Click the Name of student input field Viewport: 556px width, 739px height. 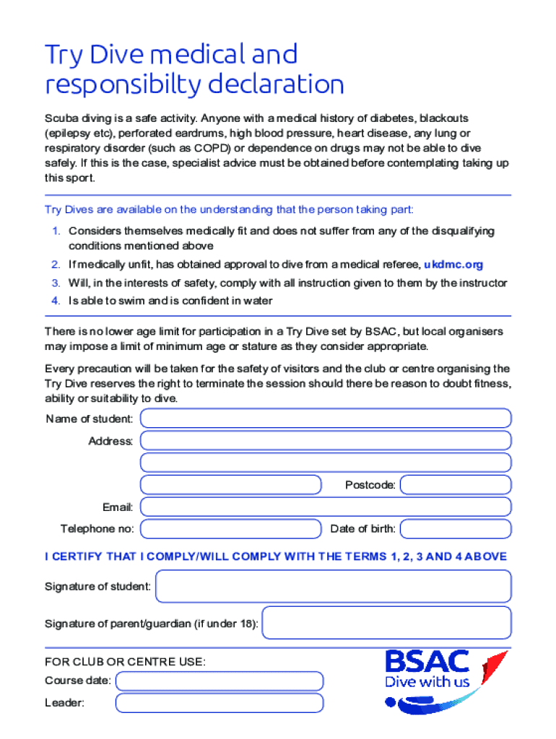pos(326,419)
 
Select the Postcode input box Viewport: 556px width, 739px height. pos(456,485)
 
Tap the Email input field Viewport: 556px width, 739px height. pos(326,507)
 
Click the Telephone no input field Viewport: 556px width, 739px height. pos(230,529)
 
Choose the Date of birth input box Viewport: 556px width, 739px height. pos(456,529)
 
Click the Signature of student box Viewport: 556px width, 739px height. pos(334,586)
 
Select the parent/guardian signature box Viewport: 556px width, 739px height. pos(386,623)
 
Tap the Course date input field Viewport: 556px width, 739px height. pos(220,681)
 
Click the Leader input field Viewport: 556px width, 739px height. pos(220,703)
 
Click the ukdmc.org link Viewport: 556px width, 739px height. pos(453,265)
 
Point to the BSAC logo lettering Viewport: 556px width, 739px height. pos(427,662)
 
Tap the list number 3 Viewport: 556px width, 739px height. pos(55,283)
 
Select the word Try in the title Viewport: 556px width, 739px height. pos(60,56)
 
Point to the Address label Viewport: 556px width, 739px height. pos(110,441)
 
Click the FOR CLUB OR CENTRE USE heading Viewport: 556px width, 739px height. pos(125,662)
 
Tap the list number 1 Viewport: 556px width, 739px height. pos(55,231)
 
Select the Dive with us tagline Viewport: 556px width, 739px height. pos(427,682)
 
